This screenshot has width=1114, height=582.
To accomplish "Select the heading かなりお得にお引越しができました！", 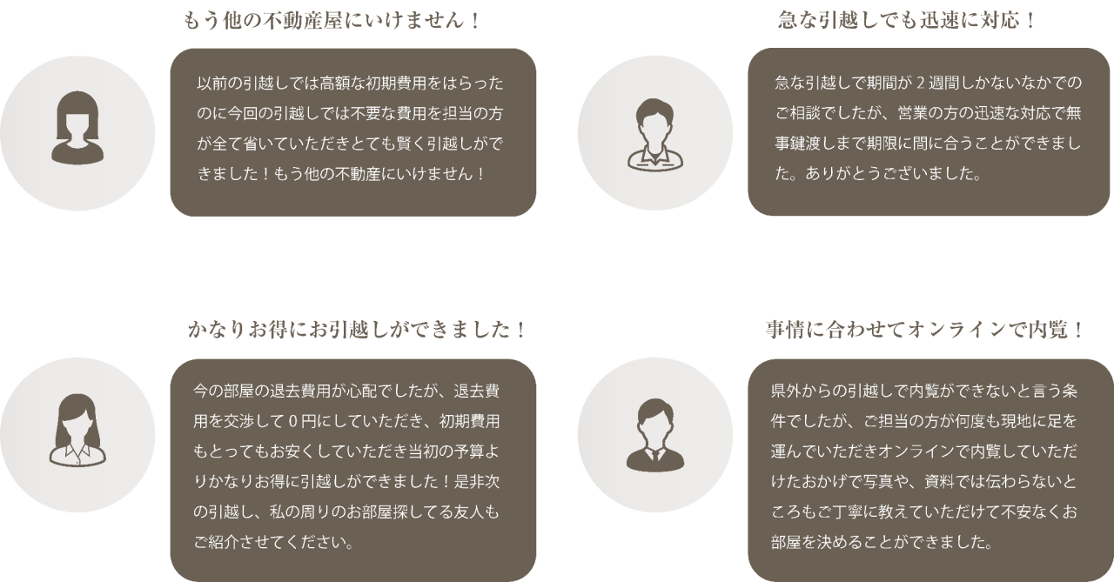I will (x=357, y=331).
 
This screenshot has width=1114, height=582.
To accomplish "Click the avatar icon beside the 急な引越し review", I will (x=654, y=133).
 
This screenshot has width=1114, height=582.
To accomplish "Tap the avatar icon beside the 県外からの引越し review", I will (x=654, y=434).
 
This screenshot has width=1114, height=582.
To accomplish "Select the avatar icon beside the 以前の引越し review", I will (x=78, y=133).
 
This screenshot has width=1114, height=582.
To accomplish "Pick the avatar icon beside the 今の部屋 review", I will (x=78, y=434).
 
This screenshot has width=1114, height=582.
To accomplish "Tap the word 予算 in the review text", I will (x=470, y=452).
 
